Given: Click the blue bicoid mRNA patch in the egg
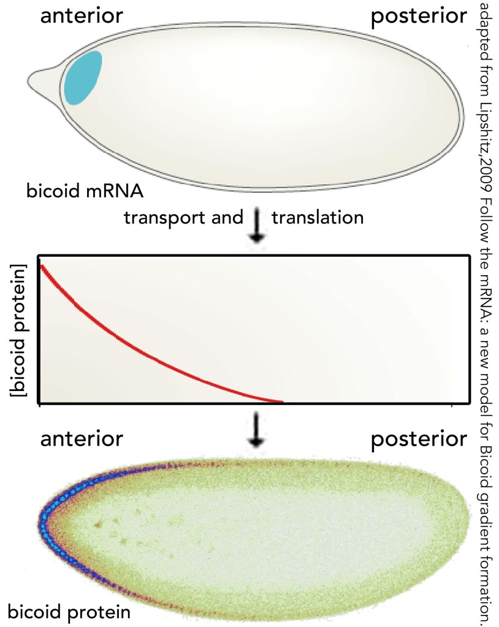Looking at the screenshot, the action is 83,78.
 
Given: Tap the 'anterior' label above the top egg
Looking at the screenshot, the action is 82,16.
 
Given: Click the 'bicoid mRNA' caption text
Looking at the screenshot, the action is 85,191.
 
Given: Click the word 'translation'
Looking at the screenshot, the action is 318,218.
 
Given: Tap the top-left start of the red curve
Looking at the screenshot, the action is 41,266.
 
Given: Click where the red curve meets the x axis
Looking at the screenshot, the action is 281,401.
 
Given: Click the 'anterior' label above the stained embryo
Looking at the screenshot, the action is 82,439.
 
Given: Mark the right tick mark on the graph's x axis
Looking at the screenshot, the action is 452,405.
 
